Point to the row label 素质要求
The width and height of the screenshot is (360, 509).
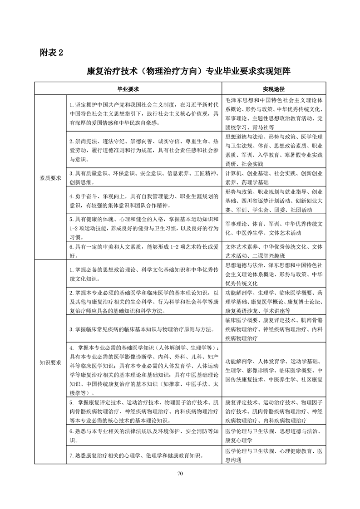point(50,178)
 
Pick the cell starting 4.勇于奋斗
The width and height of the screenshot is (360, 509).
point(144,201)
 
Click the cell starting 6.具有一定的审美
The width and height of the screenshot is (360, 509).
point(144,251)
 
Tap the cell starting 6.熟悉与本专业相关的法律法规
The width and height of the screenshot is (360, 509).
point(144,435)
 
